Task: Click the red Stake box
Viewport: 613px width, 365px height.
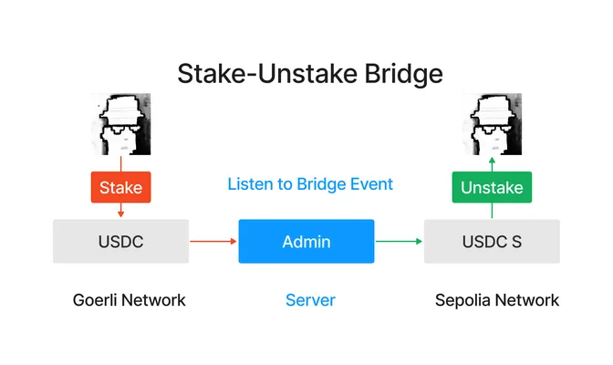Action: (x=120, y=187)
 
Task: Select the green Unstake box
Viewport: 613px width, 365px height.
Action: (x=492, y=187)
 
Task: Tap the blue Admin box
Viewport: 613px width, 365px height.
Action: (x=306, y=242)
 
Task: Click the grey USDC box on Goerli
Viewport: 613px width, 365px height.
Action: (x=120, y=242)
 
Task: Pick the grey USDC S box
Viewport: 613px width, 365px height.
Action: (x=492, y=242)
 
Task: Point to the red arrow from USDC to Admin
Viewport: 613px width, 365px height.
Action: (x=213, y=242)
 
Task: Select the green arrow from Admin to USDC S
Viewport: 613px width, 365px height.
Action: (x=399, y=242)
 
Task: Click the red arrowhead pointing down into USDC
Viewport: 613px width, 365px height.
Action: (x=120, y=214)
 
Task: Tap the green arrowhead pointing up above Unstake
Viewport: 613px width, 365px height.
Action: (x=492, y=161)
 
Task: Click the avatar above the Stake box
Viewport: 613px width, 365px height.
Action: (x=120, y=124)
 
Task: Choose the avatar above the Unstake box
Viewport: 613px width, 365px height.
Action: (x=492, y=124)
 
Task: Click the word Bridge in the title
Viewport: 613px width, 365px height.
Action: (x=403, y=74)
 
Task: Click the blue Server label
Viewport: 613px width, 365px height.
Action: (x=310, y=300)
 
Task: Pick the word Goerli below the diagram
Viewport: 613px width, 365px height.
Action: (x=95, y=300)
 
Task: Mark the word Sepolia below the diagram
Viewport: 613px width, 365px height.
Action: (x=463, y=301)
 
